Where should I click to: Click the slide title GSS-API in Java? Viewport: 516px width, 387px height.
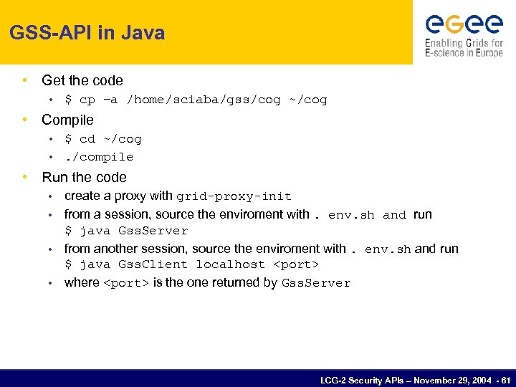(x=87, y=33)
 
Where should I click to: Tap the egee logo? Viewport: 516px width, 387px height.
(x=464, y=24)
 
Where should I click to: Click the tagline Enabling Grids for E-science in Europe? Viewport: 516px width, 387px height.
(x=464, y=48)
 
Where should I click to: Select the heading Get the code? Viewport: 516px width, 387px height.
(x=82, y=81)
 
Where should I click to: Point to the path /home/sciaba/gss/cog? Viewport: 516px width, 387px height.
(x=204, y=100)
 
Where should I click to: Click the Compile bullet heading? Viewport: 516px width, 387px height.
(x=67, y=120)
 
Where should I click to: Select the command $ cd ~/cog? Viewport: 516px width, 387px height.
(x=103, y=139)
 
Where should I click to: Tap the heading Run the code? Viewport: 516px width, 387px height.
(x=84, y=177)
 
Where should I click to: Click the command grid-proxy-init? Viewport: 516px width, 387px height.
(x=234, y=196)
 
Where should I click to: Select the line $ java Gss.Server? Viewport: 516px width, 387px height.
(x=126, y=231)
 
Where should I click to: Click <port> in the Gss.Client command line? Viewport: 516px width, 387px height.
(x=296, y=264)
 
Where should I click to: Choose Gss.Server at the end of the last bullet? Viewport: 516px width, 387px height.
(x=316, y=283)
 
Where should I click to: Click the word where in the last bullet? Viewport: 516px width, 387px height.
(x=82, y=282)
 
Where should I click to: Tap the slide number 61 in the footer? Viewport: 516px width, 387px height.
(x=506, y=380)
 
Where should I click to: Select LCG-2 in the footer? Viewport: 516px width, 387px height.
(x=333, y=380)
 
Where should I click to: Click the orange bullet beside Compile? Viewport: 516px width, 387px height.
(x=26, y=120)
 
